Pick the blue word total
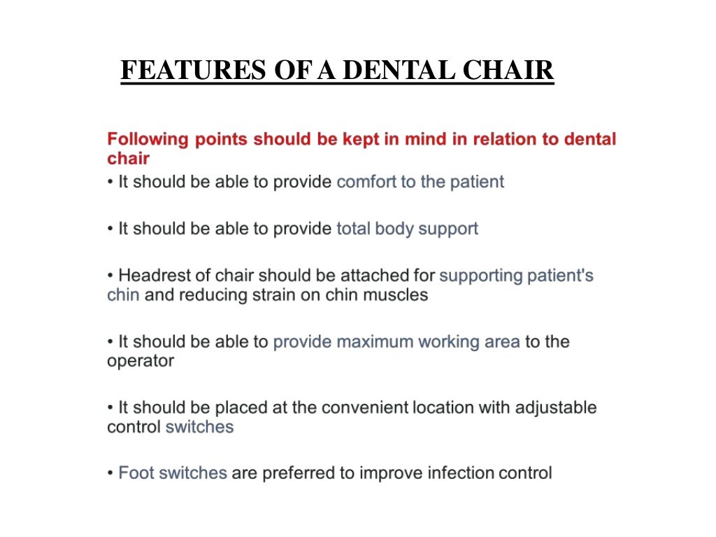353,228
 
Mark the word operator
140,361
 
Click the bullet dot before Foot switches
110,473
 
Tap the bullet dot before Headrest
110,275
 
